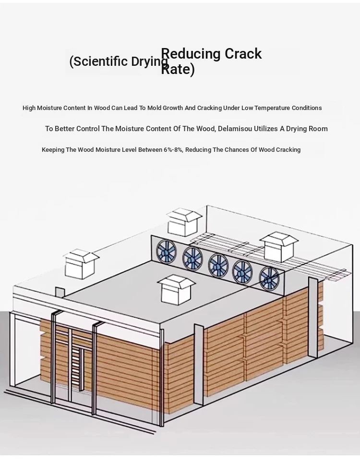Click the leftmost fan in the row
point(166,251)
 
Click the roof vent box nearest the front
point(177,290)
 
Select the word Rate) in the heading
point(178,70)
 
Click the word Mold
point(155,108)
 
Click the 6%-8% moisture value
point(173,150)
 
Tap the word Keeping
point(53,150)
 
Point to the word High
point(29,108)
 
